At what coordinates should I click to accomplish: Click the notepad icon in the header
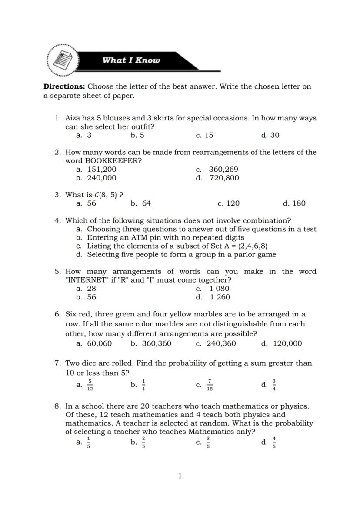tap(63, 60)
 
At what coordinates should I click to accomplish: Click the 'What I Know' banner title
tap(131, 60)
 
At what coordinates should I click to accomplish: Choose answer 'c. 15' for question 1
tap(204, 135)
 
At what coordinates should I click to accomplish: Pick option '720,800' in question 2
tap(224, 178)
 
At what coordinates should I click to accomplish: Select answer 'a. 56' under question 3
tap(86, 203)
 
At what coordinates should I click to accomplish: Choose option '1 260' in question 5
tap(220, 297)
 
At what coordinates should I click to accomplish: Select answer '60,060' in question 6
tap(99, 343)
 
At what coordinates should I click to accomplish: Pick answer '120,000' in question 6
tap(287, 343)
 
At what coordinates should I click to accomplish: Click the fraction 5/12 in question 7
tap(90, 385)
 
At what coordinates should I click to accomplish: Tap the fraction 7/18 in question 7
tap(210, 385)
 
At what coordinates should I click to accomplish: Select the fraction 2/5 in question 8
tap(143, 443)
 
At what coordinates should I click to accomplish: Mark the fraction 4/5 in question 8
tap(274, 443)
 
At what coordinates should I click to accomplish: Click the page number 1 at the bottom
tap(180, 476)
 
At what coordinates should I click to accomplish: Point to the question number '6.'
tap(57, 314)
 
